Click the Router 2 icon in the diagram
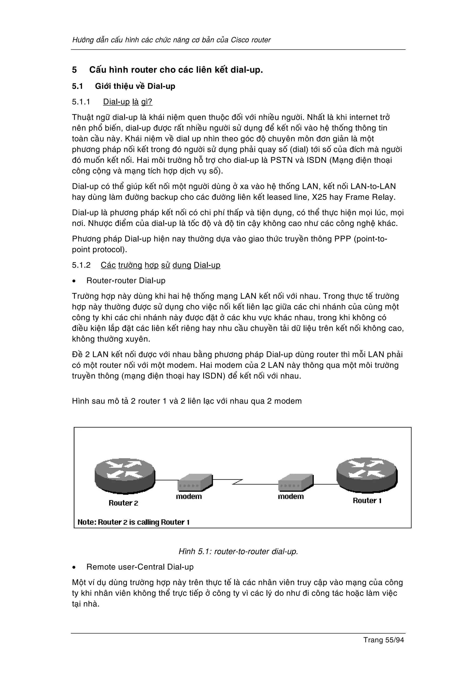[x=125, y=475]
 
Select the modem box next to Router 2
[x=195, y=483]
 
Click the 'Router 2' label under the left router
[x=123, y=503]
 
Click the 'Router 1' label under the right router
[x=367, y=501]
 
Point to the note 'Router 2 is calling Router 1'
[x=133, y=522]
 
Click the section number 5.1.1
[x=81, y=102]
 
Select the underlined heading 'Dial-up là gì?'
[x=128, y=102]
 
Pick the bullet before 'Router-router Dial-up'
[x=75, y=281]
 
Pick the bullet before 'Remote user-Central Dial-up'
[x=75, y=567]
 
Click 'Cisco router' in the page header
[x=251, y=40]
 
